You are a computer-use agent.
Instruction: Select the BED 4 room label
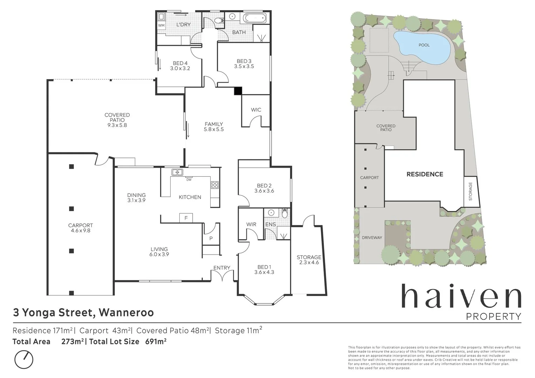click(x=180, y=63)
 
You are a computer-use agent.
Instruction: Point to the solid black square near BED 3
click(x=238, y=91)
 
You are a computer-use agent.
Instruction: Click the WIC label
click(x=256, y=110)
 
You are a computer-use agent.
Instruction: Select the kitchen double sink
click(x=177, y=172)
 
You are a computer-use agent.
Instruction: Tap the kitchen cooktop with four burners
click(x=215, y=185)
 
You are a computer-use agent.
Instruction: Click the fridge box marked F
click(x=186, y=218)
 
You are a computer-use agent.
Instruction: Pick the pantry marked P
click(x=211, y=239)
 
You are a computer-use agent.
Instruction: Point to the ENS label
click(x=270, y=224)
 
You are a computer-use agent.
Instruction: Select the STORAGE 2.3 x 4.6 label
click(x=309, y=260)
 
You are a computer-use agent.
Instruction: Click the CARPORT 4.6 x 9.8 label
click(x=81, y=228)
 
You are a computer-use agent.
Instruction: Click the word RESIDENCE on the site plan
click(x=425, y=174)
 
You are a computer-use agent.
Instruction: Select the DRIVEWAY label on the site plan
click(x=372, y=238)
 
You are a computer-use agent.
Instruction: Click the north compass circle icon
click(x=24, y=359)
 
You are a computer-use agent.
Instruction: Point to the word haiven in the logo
click(x=461, y=297)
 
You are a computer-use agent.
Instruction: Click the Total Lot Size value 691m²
click(x=156, y=342)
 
